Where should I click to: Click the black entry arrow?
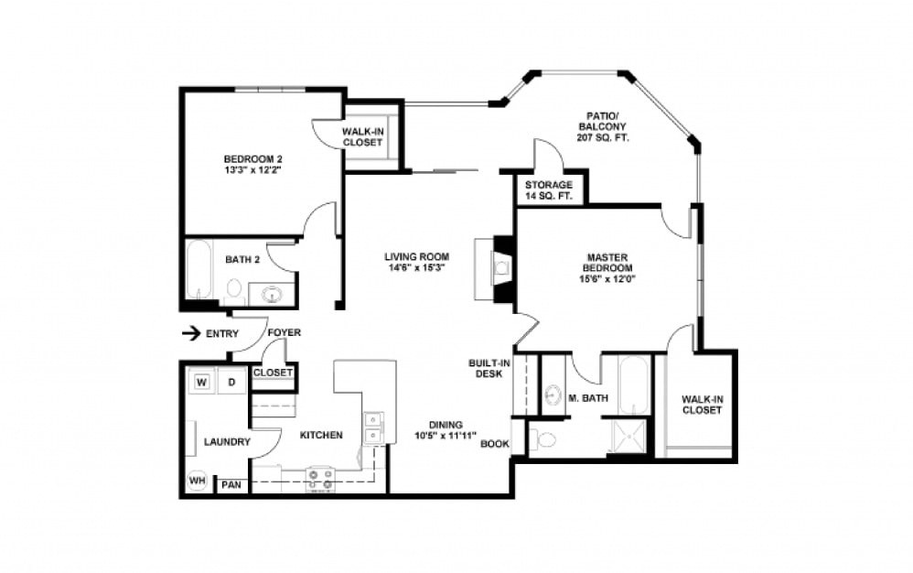coord(190,333)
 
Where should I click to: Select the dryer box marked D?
coord(231,381)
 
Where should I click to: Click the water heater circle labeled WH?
coord(197,480)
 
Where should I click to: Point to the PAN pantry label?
coord(231,485)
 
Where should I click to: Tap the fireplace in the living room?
coord(501,269)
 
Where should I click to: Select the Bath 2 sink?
coord(272,294)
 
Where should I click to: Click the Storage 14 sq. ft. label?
coord(549,190)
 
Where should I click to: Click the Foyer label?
coord(284,333)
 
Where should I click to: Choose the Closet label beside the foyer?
coord(273,373)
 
